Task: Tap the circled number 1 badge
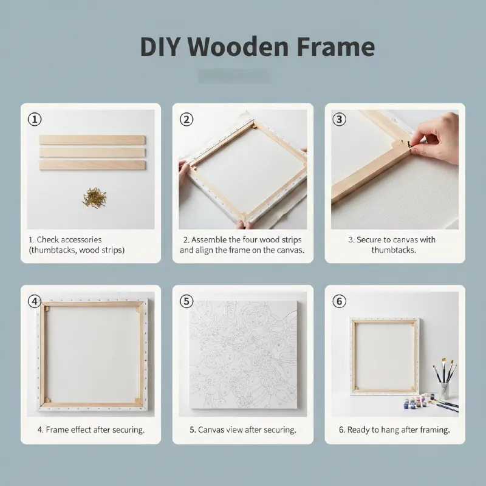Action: (x=35, y=119)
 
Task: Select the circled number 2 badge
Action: (x=187, y=119)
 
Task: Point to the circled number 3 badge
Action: (x=339, y=119)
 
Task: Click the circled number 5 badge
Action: (x=187, y=301)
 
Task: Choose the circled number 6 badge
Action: (x=339, y=301)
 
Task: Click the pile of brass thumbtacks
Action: (x=95, y=197)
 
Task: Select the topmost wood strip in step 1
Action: (x=92, y=140)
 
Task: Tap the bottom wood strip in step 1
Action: (x=92, y=165)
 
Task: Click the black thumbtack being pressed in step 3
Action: (x=409, y=143)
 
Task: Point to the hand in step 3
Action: (x=436, y=138)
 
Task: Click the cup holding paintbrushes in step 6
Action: (x=444, y=391)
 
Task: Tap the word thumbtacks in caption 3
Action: (x=394, y=250)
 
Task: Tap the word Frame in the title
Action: (x=336, y=47)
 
